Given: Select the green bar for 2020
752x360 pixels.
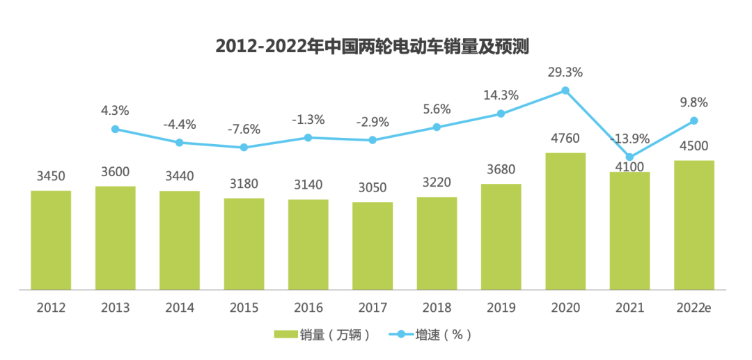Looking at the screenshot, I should (565, 221).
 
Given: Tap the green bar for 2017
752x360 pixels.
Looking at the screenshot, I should (373, 245).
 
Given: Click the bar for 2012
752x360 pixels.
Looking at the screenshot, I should (51, 240).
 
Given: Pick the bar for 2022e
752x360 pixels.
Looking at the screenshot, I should (694, 224).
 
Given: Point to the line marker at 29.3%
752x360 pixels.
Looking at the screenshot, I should (565, 91).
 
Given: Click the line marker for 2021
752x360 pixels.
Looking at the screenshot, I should (629, 157).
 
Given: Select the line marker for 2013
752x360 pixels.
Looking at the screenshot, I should (115, 129).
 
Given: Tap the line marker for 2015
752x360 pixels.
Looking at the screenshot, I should (244, 148).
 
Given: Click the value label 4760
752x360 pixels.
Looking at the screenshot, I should (565, 138).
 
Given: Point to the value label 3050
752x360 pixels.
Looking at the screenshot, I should (373, 187).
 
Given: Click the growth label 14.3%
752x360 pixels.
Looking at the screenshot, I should (501, 95).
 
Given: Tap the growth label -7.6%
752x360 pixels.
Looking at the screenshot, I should (244, 129).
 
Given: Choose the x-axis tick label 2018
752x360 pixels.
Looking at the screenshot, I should (437, 307).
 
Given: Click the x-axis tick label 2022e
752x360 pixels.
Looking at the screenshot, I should (694, 307).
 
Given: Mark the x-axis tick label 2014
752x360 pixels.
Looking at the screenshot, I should (179, 307).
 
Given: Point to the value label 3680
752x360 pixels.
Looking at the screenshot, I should (501, 169).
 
